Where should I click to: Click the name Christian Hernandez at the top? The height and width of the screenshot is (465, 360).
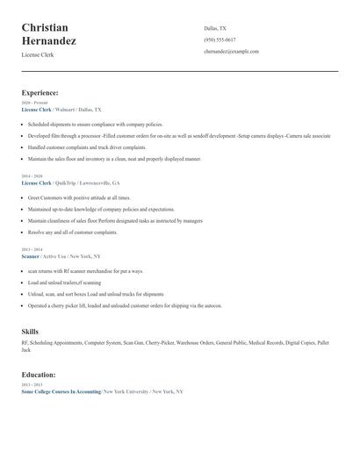49,34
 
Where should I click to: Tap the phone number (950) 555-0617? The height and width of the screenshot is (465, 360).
220,39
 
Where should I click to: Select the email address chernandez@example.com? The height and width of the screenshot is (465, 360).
231,52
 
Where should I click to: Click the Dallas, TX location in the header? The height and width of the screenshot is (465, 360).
215,28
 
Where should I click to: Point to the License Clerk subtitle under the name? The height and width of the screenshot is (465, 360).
38,54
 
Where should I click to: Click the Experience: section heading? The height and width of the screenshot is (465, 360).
40,92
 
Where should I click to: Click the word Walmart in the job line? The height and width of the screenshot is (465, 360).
64,110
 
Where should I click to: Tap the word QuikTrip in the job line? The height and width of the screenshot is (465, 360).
65,183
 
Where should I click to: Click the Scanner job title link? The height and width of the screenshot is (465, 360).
31,256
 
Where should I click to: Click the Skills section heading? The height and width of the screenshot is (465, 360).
30,331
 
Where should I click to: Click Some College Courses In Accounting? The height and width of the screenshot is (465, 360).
61,391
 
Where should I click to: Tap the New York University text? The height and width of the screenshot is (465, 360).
125,391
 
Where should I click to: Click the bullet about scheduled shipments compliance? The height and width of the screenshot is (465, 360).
89,125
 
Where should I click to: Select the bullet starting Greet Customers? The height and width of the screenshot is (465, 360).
79,198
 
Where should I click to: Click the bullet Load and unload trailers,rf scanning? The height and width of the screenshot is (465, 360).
64,283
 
